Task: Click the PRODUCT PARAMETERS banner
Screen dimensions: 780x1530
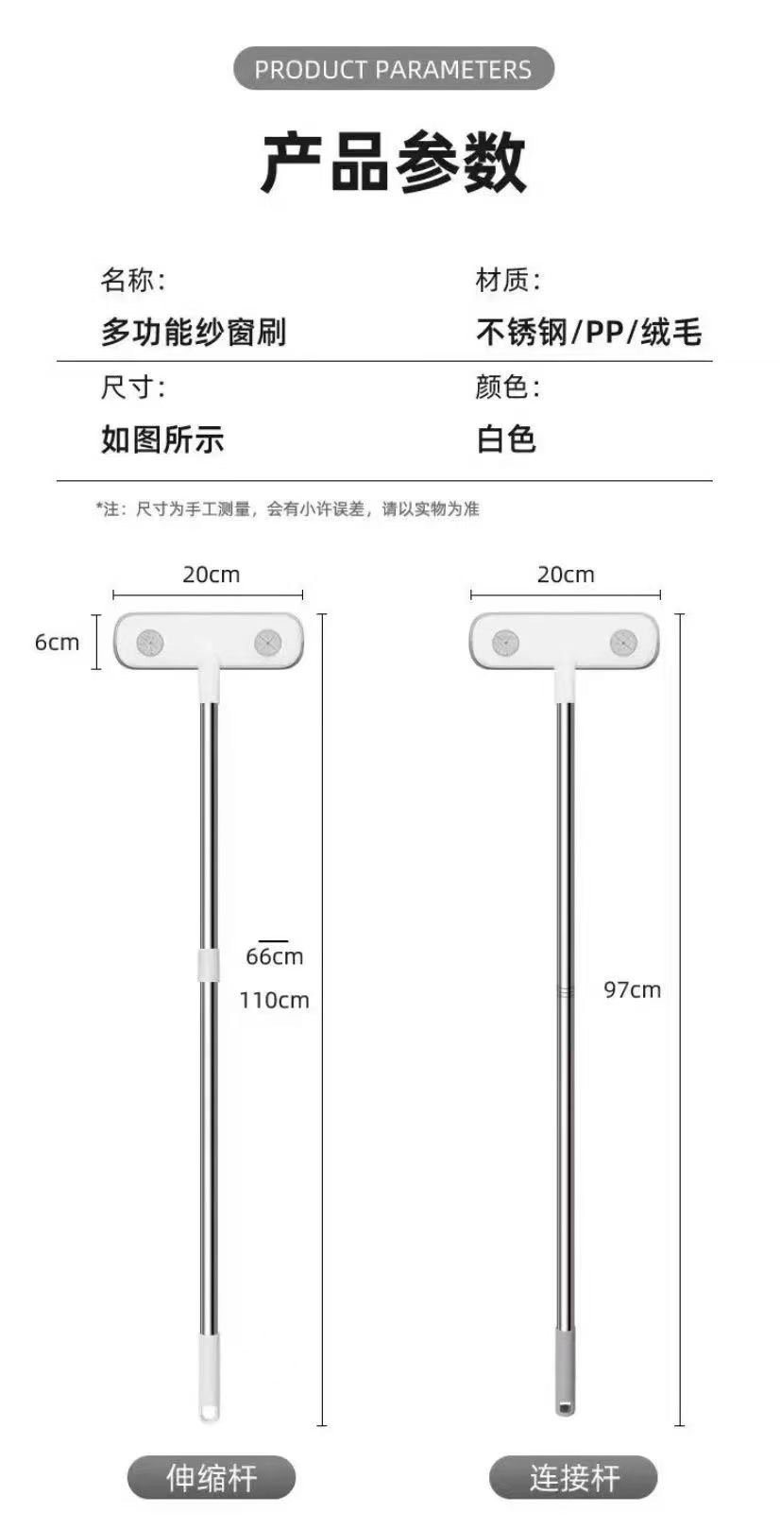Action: pos(393,69)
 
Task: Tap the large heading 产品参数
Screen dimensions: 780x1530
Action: pos(393,163)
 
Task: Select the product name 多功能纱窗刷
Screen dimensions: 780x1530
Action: pos(194,333)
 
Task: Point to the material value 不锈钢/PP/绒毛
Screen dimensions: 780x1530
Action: pos(588,333)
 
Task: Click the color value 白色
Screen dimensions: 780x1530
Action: pos(506,439)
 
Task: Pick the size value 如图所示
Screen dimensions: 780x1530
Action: pos(162,439)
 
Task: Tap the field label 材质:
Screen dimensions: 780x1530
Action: pos(508,280)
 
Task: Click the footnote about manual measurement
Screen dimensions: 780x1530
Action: pos(288,509)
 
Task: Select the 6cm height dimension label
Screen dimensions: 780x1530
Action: pos(57,643)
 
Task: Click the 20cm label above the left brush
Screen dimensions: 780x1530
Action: pos(211,575)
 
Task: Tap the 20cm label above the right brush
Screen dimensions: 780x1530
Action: pos(566,575)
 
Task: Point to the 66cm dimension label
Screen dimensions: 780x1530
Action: pos(274,956)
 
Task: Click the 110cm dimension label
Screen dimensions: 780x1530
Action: pos(274,1000)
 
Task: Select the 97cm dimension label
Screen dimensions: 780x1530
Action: pos(632,989)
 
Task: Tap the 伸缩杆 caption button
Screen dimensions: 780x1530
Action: pos(212,1477)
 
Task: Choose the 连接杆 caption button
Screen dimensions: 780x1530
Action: pos(573,1477)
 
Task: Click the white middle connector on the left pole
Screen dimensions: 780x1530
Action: pos(208,966)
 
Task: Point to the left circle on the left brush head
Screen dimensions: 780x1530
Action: pos(150,643)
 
